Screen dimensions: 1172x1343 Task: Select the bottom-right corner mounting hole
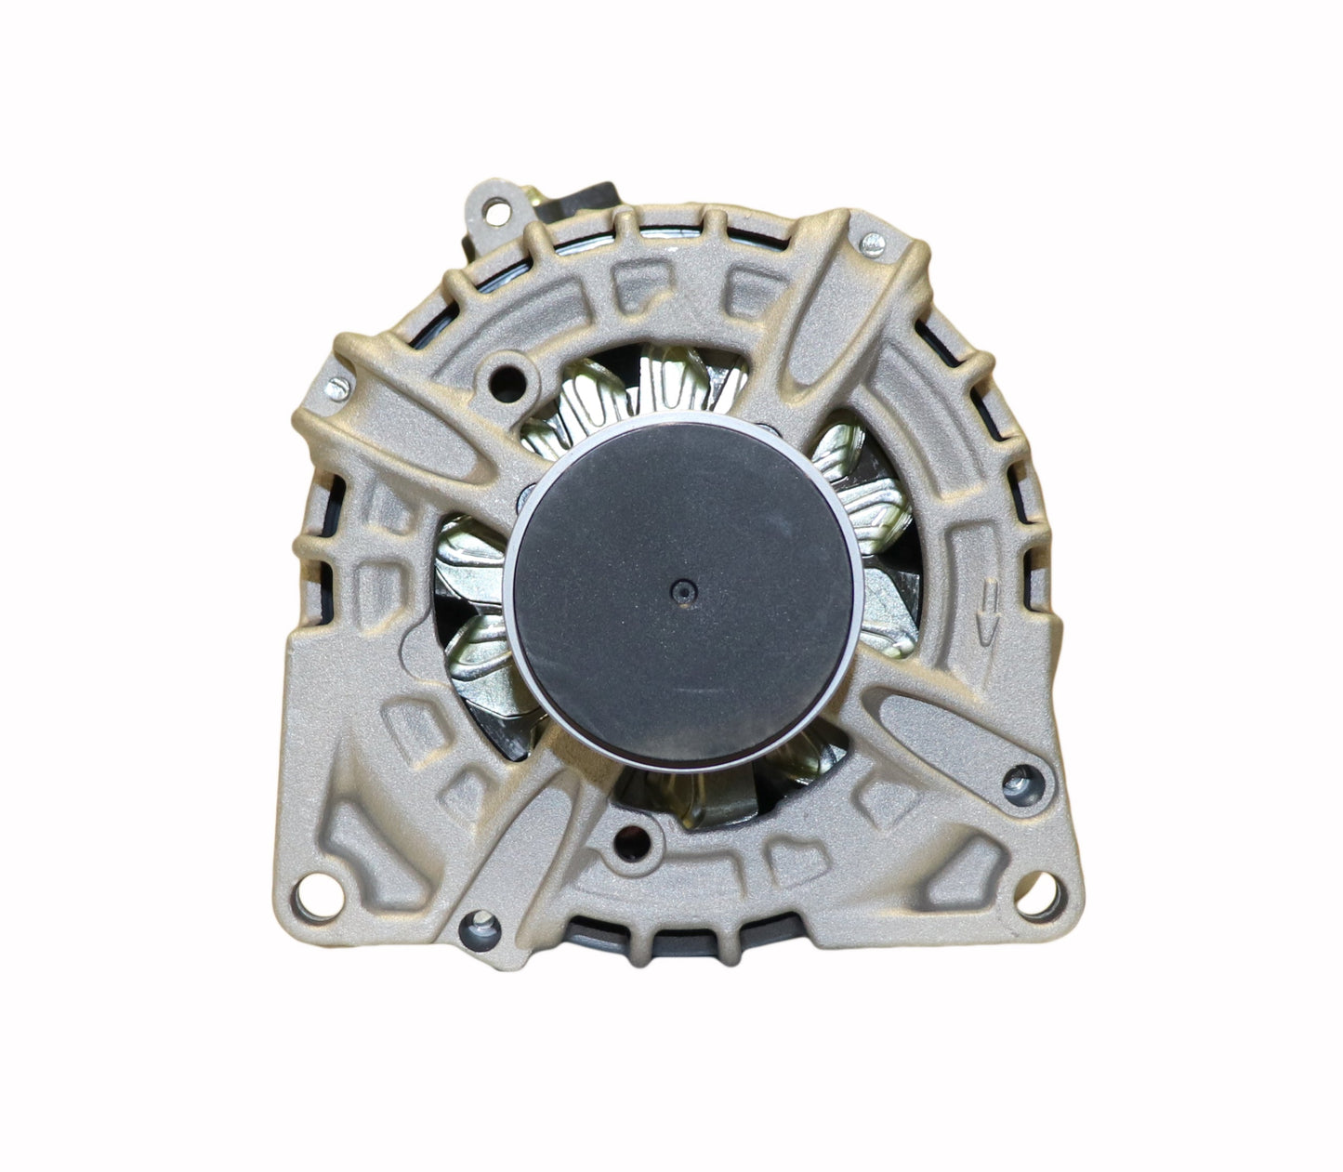(1039, 900)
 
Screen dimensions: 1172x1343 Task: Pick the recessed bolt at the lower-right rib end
(1021, 778)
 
